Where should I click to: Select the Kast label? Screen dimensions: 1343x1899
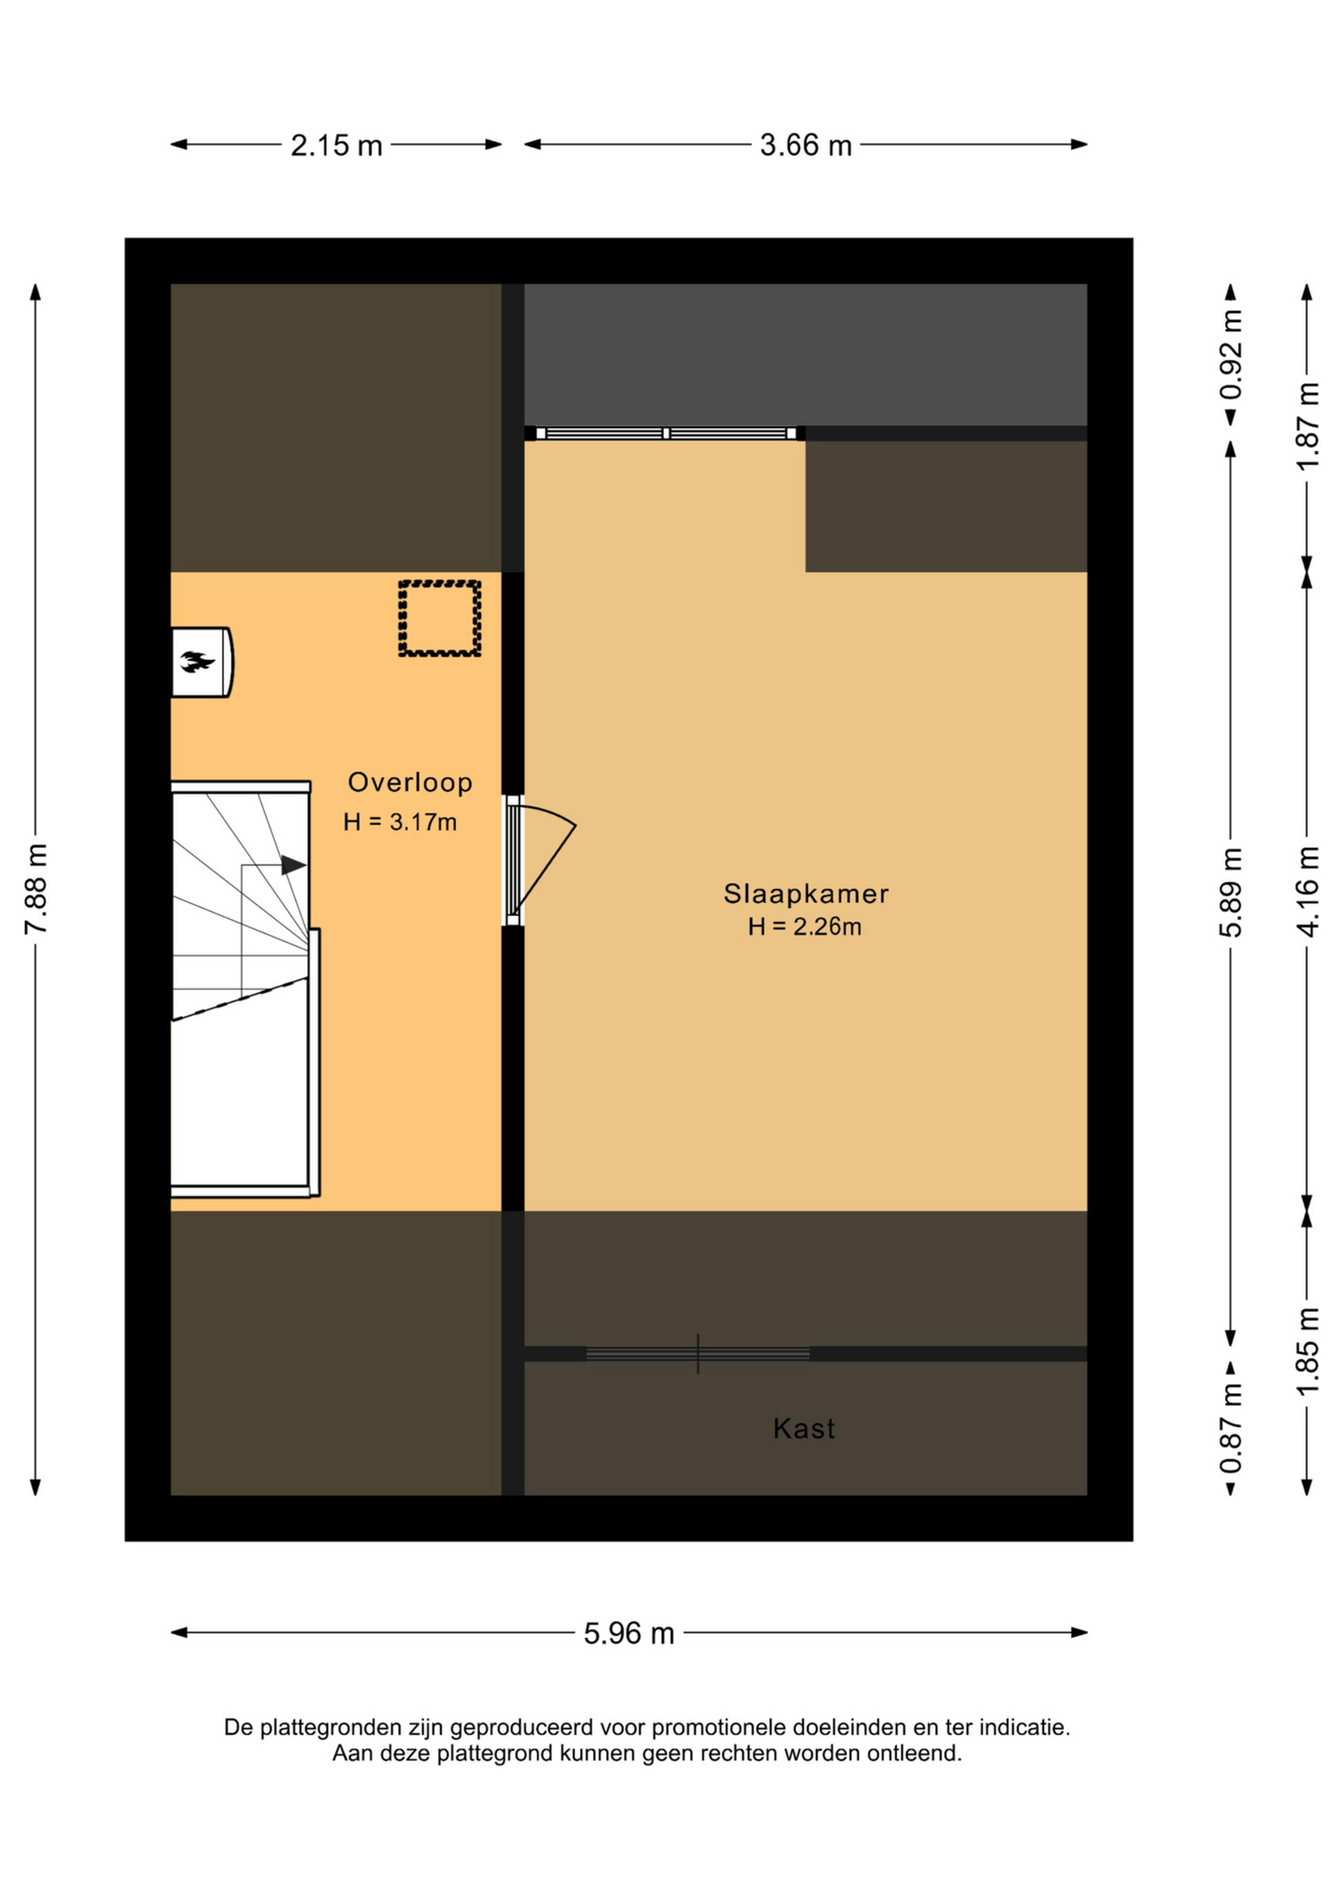pos(804,1429)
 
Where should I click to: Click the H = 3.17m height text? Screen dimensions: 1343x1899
pos(400,822)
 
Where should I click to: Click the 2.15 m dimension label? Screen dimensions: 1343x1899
pos(336,146)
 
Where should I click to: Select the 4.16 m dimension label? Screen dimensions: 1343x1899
pos(1307,892)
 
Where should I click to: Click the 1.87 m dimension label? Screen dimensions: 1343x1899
pos(1307,426)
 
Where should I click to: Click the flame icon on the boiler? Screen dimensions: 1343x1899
pos(198,662)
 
